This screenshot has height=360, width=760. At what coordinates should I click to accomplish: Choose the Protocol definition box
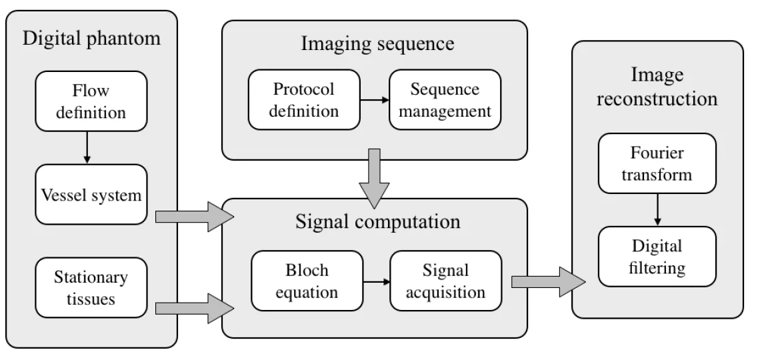tap(304, 100)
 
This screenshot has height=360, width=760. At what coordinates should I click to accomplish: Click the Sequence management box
tap(445, 100)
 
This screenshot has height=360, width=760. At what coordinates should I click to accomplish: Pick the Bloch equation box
tap(307, 281)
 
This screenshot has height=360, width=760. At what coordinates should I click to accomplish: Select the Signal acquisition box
tap(445, 281)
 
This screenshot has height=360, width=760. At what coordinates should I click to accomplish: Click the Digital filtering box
tap(657, 257)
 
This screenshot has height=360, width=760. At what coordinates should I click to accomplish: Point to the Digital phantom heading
tap(92, 38)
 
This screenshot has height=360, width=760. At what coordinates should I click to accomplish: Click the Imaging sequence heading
tap(377, 45)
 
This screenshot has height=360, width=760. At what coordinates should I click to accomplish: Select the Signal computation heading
tap(377, 221)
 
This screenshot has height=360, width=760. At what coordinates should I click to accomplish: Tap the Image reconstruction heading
tap(657, 87)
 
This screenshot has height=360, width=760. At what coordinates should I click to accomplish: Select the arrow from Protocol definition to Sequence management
tap(375, 101)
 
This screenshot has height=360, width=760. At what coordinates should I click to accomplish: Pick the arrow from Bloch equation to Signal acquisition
tap(375, 281)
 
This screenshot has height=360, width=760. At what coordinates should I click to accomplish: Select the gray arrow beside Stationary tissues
tap(193, 307)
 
